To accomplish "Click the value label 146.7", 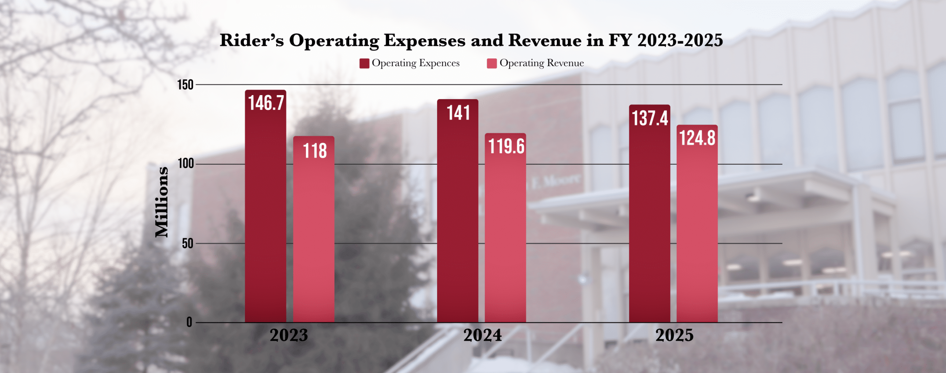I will [x=266, y=103].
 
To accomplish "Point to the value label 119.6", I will [x=506, y=146].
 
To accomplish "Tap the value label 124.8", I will [x=697, y=138].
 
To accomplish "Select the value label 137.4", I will [x=650, y=118].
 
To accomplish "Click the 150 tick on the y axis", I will [x=186, y=85].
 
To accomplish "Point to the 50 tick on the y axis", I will [x=188, y=244].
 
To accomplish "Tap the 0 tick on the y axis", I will [x=189, y=322].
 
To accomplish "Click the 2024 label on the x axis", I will [x=482, y=336].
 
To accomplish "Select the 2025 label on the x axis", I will [x=674, y=336].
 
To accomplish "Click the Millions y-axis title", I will [x=162, y=202].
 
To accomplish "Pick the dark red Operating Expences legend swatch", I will [x=364, y=64].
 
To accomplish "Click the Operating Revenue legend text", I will [x=541, y=63].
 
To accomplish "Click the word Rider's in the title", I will [x=252, y=40].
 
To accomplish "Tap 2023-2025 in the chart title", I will [x=680, y=40].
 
